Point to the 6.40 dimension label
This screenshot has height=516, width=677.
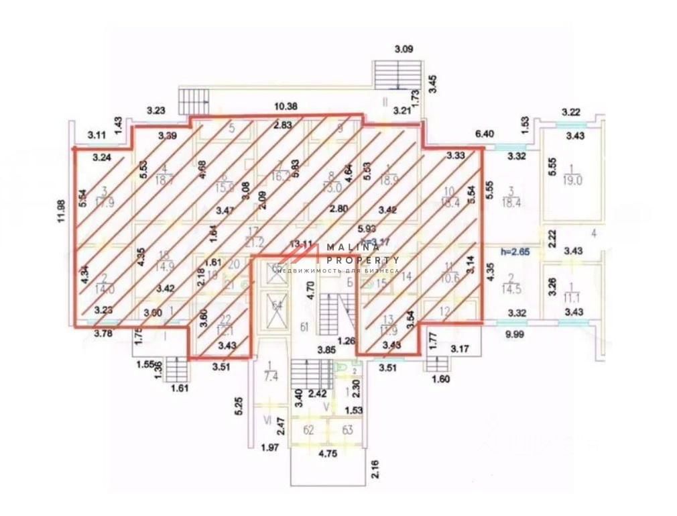(484, 134)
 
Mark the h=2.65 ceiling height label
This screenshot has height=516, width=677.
(515, 252)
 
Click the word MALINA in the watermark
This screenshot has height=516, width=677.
(351, 248)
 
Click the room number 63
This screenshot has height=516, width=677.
(348, 430)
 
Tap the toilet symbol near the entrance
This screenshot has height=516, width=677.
(342, 368)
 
